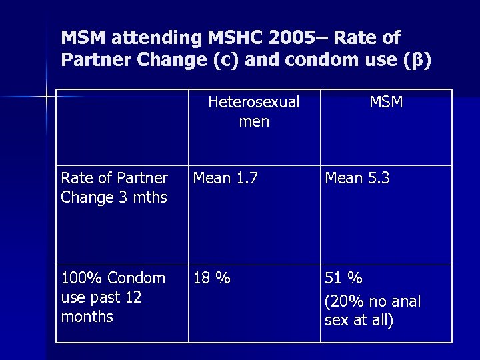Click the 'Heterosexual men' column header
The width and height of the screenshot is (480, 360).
click(x=254, y=112)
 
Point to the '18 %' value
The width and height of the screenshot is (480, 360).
click(x=211, y=278)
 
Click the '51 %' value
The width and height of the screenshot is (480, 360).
click(x=343, y=278)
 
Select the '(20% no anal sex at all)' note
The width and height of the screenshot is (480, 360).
click(x=372, y=311)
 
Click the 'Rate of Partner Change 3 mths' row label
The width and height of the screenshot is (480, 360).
click(x=114, y=188)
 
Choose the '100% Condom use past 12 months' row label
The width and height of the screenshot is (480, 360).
click(x=113, y=297)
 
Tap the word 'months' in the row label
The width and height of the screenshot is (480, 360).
click(x=87, y=317)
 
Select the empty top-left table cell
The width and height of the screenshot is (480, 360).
click(x=121, y=127)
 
